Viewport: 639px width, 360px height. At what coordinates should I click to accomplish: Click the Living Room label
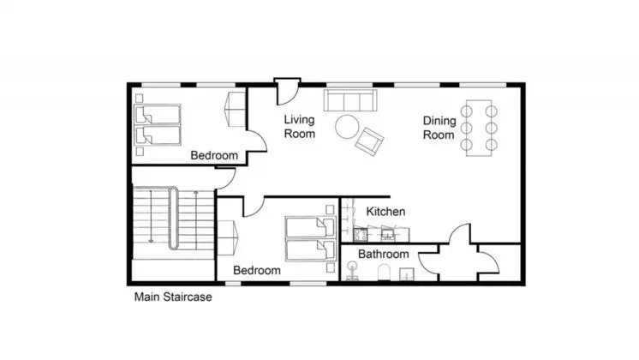tap(300, 126)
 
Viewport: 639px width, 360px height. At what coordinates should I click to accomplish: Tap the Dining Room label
tap(439, 128)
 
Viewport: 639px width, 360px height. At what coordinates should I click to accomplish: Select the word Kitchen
tap(385, 211)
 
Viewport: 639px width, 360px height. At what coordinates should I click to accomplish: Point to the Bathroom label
tap(383, 254)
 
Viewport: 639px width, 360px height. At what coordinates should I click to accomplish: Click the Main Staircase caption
tap(173, 297)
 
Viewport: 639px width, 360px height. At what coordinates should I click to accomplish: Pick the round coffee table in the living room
tap(347, 127)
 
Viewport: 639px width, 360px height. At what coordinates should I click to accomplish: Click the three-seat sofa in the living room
tap(350, 100)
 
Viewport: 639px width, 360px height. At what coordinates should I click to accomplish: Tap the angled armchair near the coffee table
tap(369, 141)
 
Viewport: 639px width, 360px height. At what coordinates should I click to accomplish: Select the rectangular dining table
tap(479, 128)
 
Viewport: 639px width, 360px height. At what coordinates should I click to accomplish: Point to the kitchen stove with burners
tap(361, 234)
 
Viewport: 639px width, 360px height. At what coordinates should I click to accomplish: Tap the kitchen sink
tap(387, 234)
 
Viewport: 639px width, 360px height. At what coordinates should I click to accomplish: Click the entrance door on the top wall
tap(287, 91)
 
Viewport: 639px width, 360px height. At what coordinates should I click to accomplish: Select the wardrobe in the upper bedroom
tap(236, 109)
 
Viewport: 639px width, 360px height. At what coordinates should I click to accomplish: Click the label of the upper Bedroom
tap(214, 155)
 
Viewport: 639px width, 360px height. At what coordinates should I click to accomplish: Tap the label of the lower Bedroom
tap(257, 270)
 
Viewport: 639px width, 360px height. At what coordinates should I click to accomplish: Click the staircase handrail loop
tap(174, 218)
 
